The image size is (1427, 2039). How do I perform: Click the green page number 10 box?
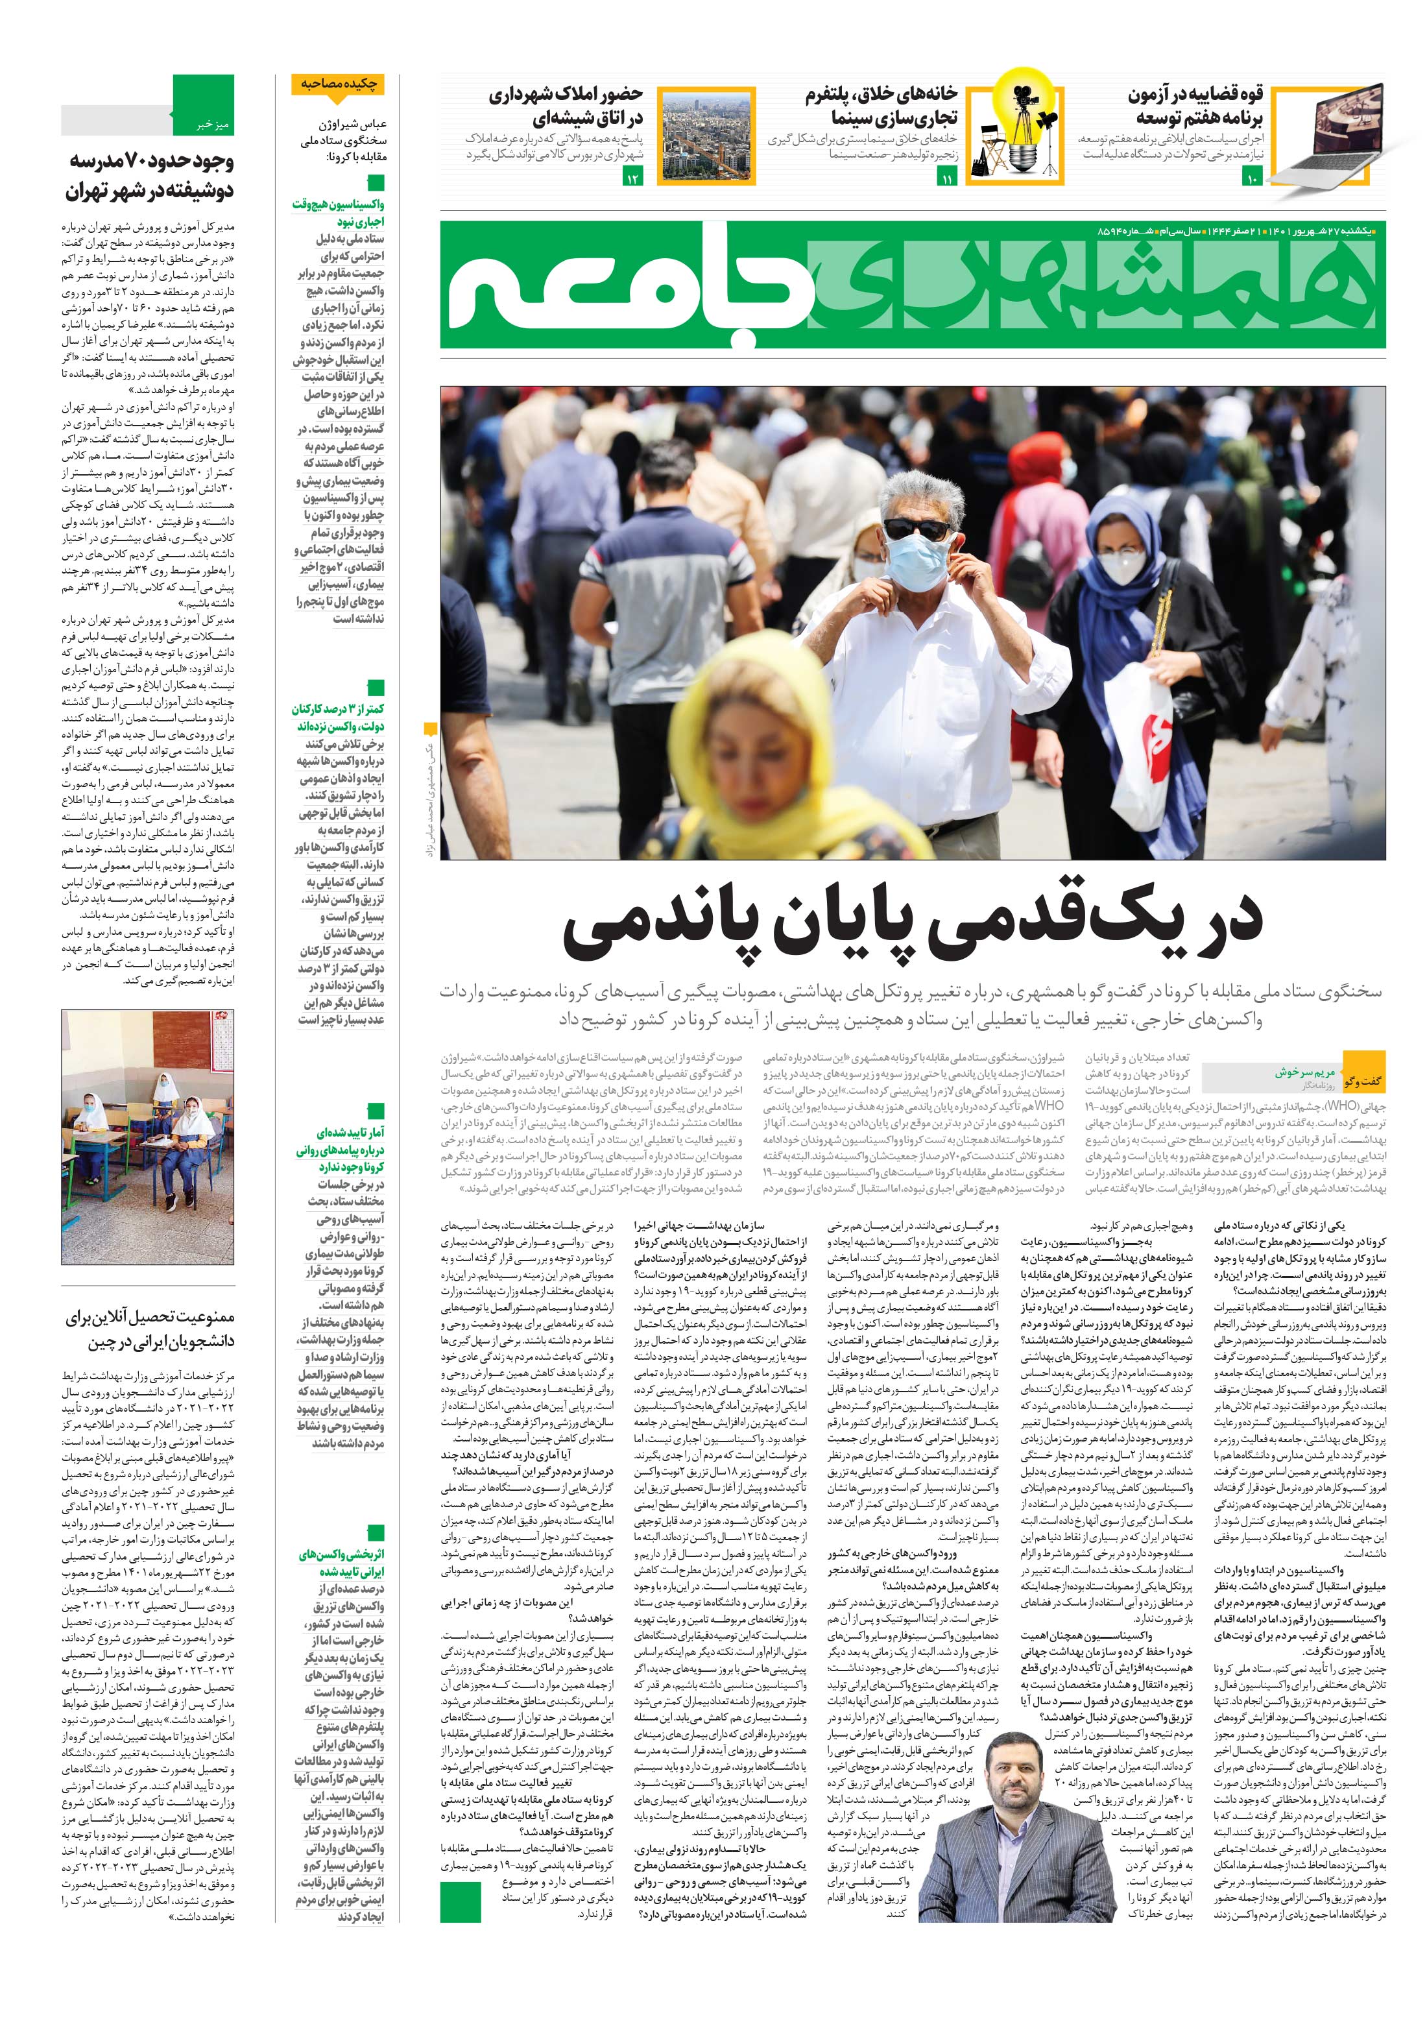click(x=1251, y=180)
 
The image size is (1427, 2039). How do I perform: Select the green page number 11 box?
click(x=946, y=180)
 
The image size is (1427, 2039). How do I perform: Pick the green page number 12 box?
click(x=633, y=180)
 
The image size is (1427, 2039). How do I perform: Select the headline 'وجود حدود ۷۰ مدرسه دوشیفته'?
click(x=149, y=176)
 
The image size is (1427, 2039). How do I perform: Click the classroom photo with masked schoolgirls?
click(x=147, y=1138)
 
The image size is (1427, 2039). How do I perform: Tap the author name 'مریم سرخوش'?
click(x=1302, y=1072)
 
